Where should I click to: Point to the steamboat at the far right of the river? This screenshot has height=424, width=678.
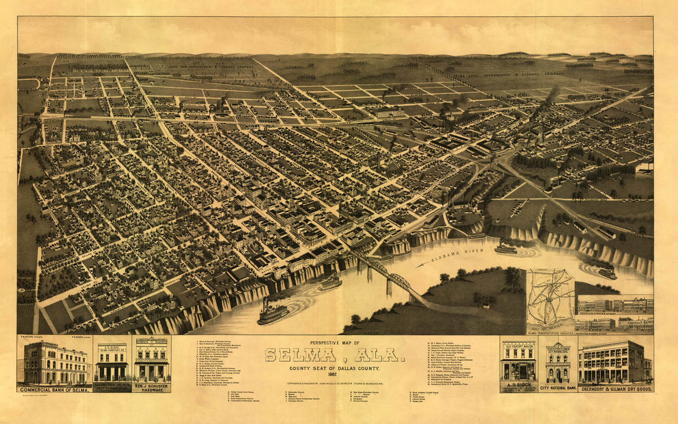pos(608,273)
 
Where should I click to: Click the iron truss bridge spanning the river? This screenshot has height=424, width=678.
pos(389,276)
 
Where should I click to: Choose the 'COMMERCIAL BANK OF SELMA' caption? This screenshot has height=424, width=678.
pos(54,390)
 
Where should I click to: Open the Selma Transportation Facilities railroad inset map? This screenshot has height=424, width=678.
pos(550,297)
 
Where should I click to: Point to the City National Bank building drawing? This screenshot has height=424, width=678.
pos(557,363)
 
